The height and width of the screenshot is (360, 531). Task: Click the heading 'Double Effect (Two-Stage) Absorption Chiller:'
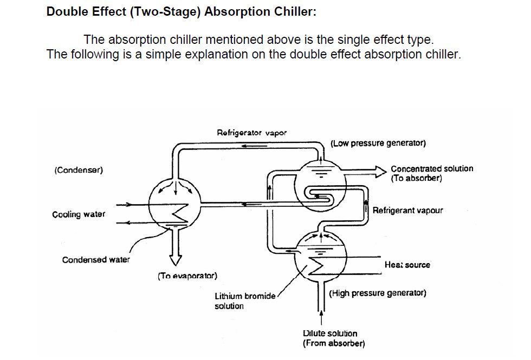tap(181, 12)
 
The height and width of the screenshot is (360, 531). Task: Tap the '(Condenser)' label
tap(79, 170)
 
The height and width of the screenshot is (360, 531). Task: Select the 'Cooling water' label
tap(79, 214)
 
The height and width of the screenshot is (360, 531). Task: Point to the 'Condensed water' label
tap(96, 260)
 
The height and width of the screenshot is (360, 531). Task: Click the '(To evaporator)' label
tap(187, 276)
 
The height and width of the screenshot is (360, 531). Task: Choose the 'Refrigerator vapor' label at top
tap(251, 132)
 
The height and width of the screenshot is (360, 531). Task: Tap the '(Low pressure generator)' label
tap(378, 143)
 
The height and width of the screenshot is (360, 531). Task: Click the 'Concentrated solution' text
tap(432, 169)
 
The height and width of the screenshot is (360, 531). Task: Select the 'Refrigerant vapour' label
tap(407, 210)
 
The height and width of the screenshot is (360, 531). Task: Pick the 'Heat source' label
tap(407, 265)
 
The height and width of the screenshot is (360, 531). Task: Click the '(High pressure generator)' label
tap(378, 293)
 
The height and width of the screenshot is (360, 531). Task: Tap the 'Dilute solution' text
tap(330, 333)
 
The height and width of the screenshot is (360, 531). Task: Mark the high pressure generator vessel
tap(322, 256)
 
